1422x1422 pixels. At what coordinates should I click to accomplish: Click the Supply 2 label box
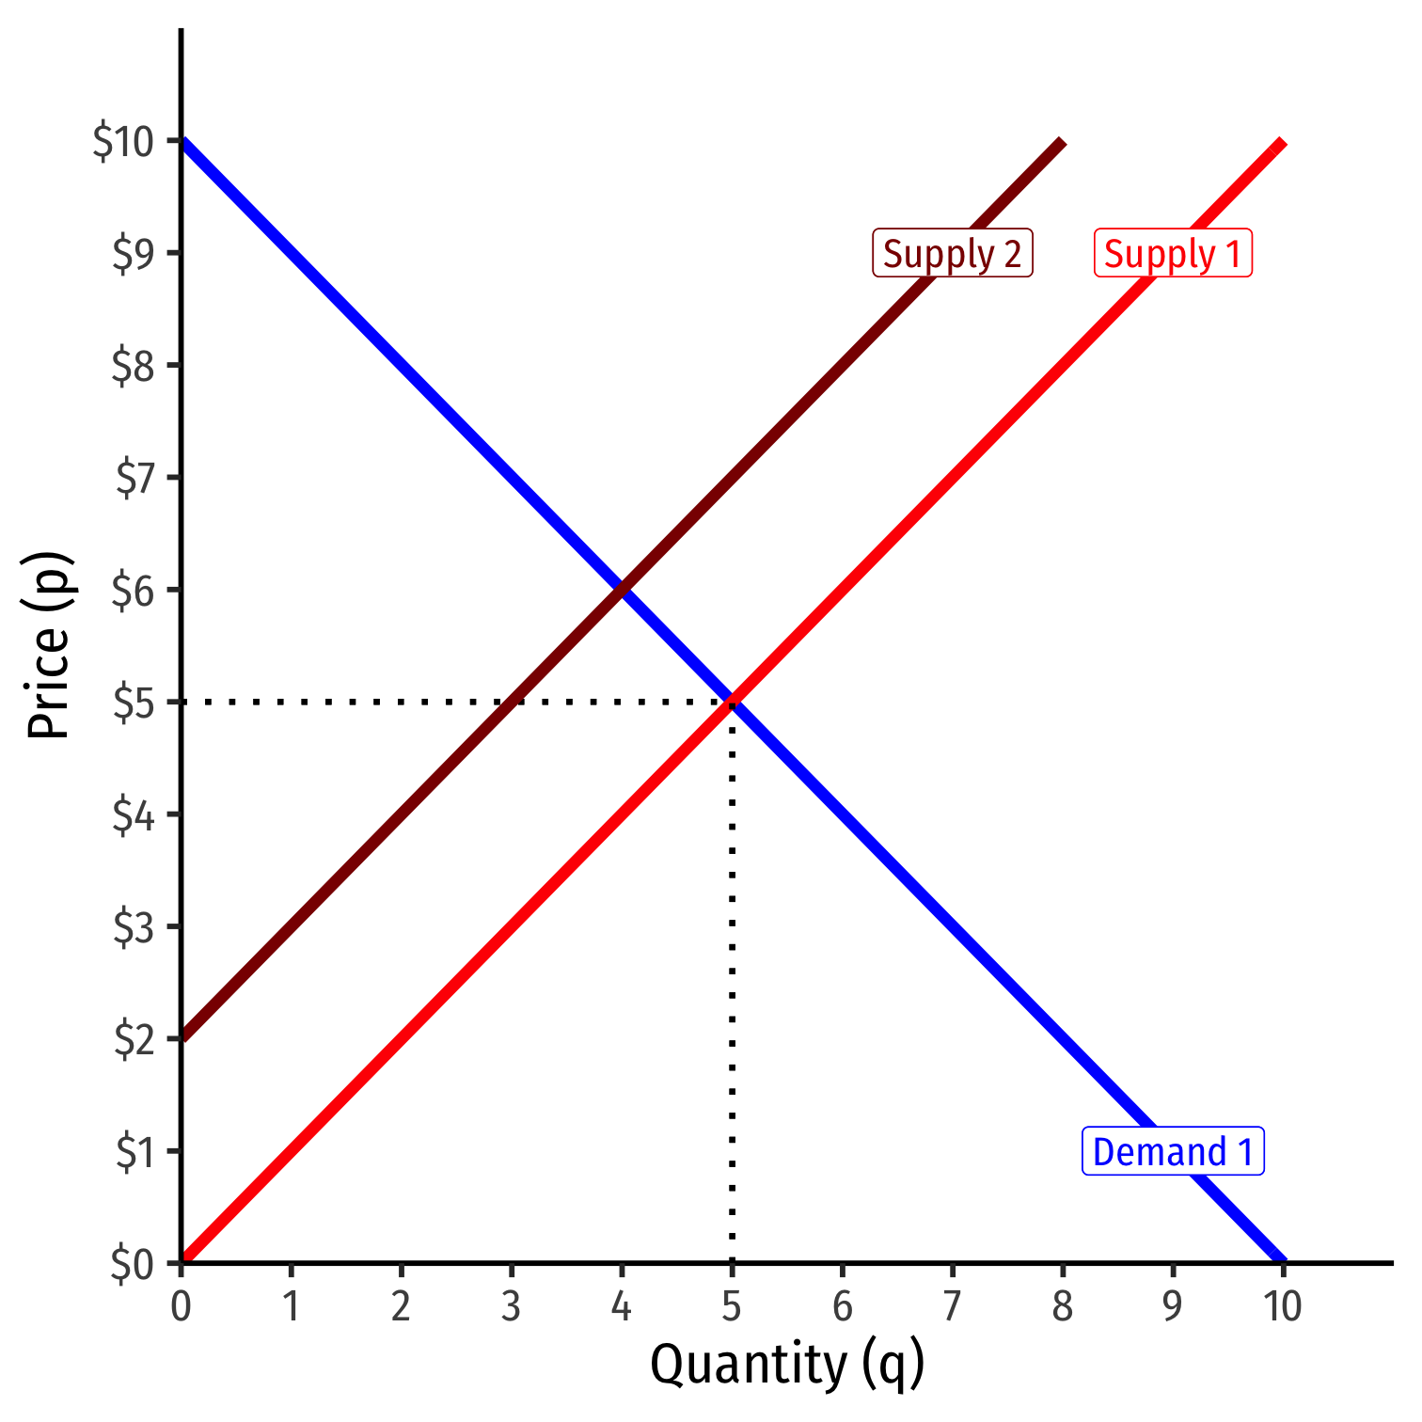pyautogui.click(x=953, y=253)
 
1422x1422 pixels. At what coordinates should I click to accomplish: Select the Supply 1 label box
pyautogui.click(x=1173, y=253)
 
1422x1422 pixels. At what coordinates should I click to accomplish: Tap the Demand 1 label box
pyautogui.click(x=1173, y=1151)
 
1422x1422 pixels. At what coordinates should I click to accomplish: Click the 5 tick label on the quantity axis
pyautogui.click(x=732, y=1306)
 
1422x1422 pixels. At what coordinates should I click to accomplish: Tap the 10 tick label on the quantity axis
pyautogui.click(x=1282, y=1306)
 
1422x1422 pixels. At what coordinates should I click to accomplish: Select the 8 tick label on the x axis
pyautogui.click(x=1062, y=1306)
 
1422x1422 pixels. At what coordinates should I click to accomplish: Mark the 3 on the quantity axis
pyautogui.click(x=511, y=1306)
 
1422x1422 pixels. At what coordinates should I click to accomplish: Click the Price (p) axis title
pyautogui.click(x=49, y=645)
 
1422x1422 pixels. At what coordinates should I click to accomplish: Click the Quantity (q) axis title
pyautogui.click(x=786, y=1365)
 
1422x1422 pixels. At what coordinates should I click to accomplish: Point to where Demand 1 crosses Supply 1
pyautogui.click(x=732, y=702)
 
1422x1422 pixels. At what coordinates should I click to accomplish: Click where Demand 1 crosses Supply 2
pyautogui.click(x=622, y=590)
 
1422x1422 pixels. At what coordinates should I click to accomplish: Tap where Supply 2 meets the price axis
pyautogui.click(x=182, y=1038)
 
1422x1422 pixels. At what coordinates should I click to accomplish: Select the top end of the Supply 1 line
pyautogui.click(x=1281, y=143)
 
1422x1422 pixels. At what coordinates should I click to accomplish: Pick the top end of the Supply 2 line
pyautogui.click(x=1061, y=143)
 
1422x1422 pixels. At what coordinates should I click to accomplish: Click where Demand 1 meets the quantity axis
pyautogui.click(x=1282, y=1260)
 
